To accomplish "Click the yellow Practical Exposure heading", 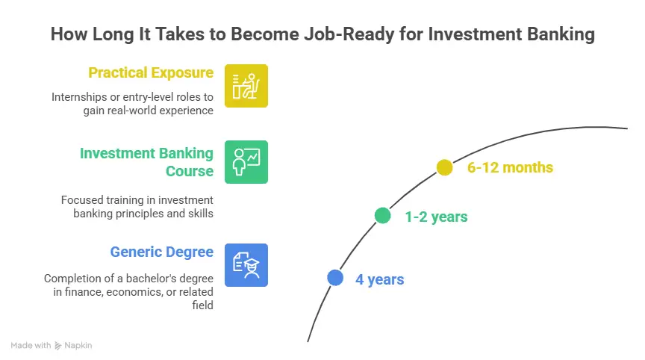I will [x=151, y=72].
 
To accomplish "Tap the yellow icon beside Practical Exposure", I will [x=246, y=86].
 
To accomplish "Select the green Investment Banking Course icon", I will [x=246, y=162].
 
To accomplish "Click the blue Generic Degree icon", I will [x=246, y=265].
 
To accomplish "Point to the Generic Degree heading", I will [x=161, y=252].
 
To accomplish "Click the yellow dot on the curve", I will [x=444, y=167].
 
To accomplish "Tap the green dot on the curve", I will [x=382, y=216].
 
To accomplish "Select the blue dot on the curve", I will [x=335, y=278].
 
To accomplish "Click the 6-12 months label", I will [x=510, y=167].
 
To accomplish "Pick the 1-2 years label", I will [x=435, y=217].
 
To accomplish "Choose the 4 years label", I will [x=379, y=280].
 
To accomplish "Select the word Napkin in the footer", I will [x=78, y=346].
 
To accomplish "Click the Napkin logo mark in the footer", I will [x=58, y=346].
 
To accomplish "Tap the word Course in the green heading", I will [x=189, y=171].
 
